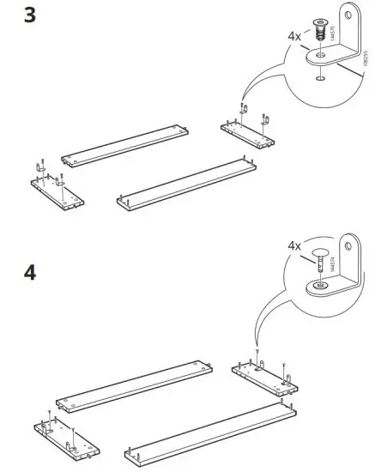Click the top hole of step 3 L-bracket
tap(349, 15)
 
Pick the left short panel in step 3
tap(57, 190)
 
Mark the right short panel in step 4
tap(265, 375)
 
